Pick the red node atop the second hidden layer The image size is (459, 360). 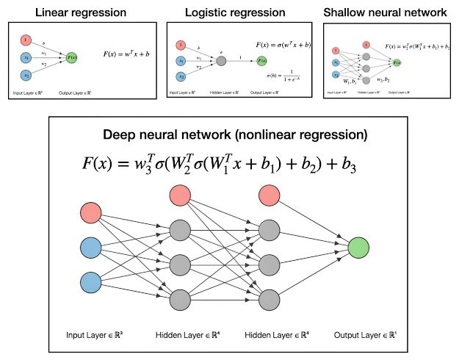point(269,195)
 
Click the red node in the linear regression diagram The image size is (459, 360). point(25,38)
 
